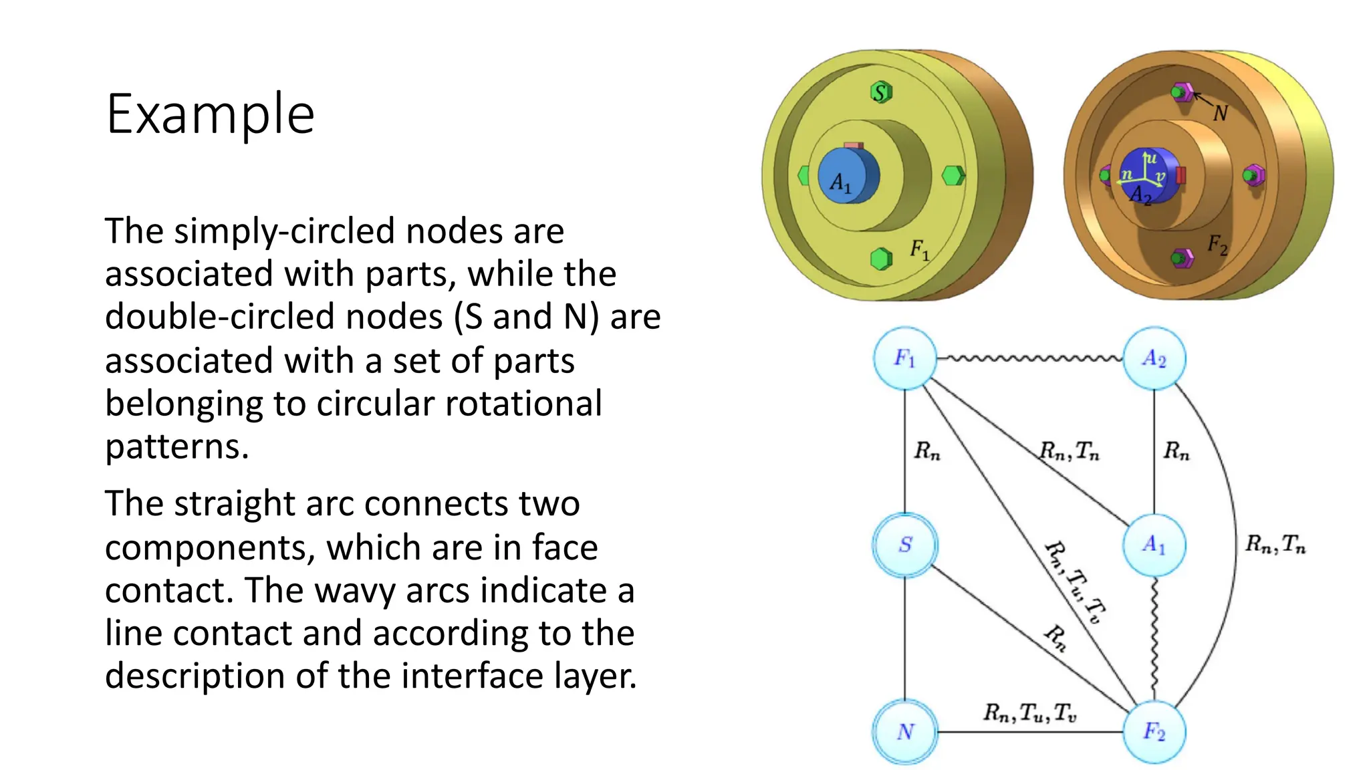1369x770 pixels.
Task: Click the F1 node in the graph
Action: [x=904, y=359]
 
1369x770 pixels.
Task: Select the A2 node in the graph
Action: [x=1154, y=359]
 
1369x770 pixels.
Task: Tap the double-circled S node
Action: [x=905, y=545]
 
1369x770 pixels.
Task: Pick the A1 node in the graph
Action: [x=1154, y=545]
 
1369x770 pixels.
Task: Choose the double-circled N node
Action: [x=905, y=732]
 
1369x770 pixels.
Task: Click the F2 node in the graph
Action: [x=1154, y=732]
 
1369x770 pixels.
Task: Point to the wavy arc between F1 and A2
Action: [x=1029, y=359]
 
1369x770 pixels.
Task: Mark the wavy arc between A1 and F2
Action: [x=1154, y=638]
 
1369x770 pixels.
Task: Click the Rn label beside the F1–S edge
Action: [x=927, y=451]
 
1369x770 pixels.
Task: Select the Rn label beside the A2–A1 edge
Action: [x=1176, y=451]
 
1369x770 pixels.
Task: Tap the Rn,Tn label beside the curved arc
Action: [x=1275, y=545]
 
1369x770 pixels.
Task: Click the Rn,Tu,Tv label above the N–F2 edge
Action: [x=1029, y=713]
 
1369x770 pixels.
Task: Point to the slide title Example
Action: [x=210, y=114]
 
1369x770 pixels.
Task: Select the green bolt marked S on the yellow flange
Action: [x=881, y=92]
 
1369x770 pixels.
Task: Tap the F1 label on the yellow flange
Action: [x=919, y=250]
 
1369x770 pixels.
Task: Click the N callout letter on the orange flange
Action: [x=1220, y=114]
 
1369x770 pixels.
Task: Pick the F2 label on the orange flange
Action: [x=1217, y=245]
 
